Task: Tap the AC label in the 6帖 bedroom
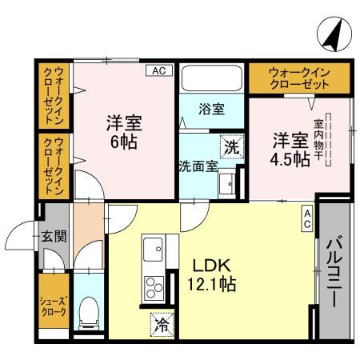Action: (x=158, y=70)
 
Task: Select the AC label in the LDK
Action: (x=307, y=218)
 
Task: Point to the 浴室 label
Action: (x=212, y=107)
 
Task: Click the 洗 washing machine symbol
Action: (x=231, y=146)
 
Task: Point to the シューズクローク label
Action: (x=54, y=307)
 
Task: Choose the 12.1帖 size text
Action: (x=211, y=284)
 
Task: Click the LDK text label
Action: (x=210, y=264)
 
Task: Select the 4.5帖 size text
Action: (x=289, y=159)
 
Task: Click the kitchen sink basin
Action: (x=152, y=251)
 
